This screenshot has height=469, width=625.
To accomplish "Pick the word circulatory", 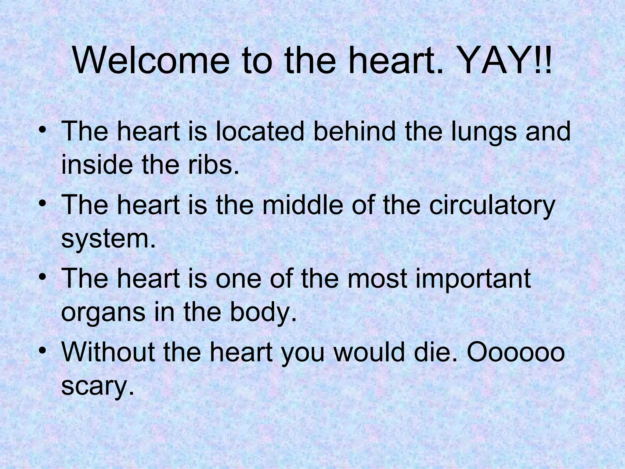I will [492, 205].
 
